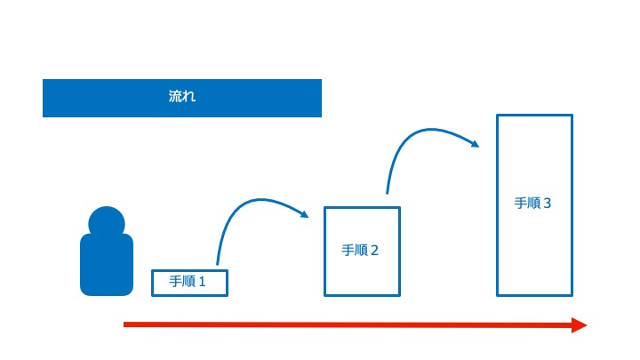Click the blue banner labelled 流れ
tap(182, 98)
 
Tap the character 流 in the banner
tap(175, 96)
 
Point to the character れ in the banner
tap(189, 96)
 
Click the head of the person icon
tap(107, 222)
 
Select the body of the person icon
tap(107, 265)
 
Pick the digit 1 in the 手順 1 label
tap(202, 282)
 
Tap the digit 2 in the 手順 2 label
tap(374, 250)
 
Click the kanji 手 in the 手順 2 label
tap(348, 250)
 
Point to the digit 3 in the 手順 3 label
tap(548, 204)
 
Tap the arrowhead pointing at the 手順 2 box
tap(304, 214)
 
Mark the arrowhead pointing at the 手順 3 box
tap(475, 143)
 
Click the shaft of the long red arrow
tap(348, 325)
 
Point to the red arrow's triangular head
tap(580, 325)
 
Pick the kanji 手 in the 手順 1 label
tap(176, 282)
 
